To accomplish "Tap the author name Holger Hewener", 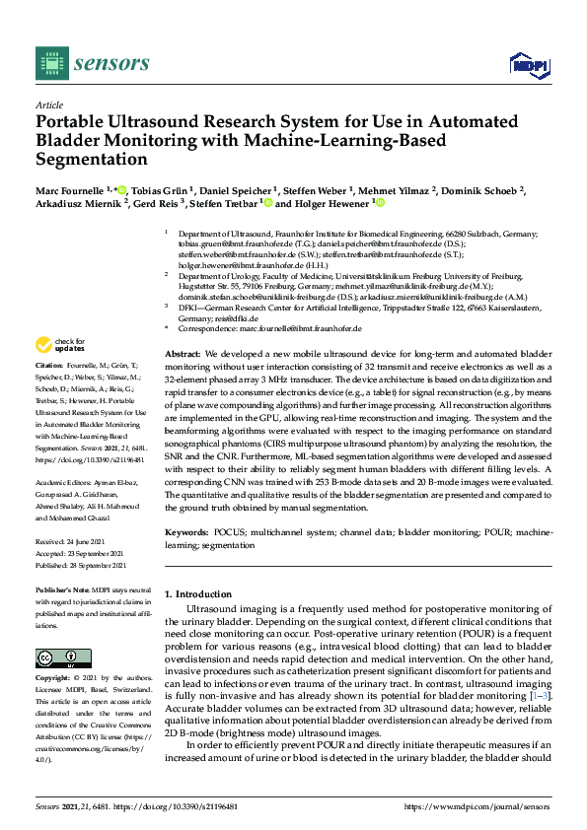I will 329,204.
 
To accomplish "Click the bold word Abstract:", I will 183,353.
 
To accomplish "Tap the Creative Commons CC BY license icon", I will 56,657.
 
